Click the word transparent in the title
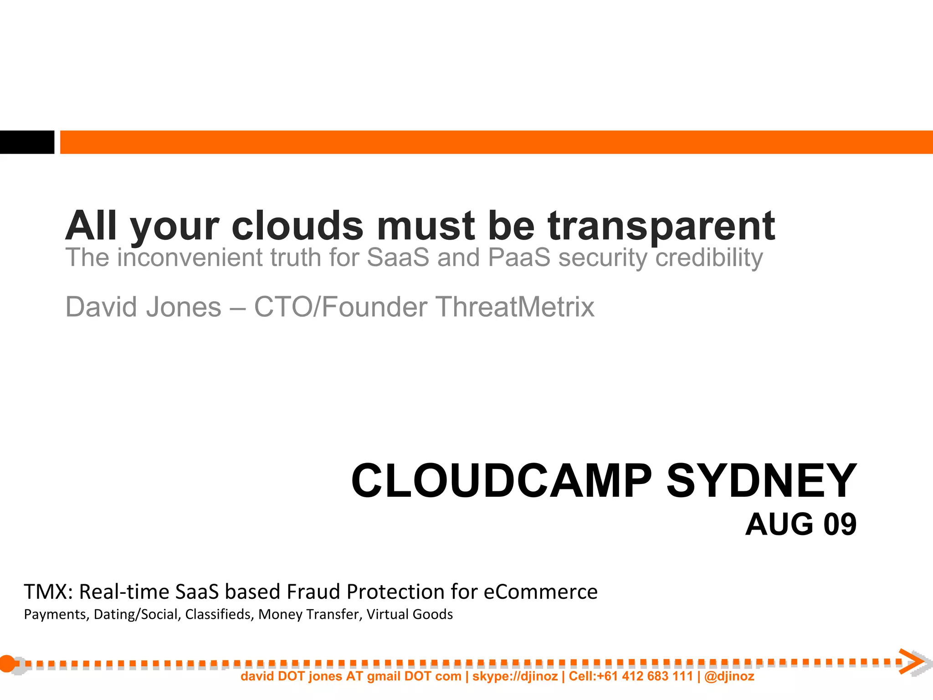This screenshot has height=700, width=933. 661,226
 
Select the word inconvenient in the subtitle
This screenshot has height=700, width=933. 190,257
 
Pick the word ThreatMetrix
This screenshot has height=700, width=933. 515,307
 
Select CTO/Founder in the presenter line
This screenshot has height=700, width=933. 340,307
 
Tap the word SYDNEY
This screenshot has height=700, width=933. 761,481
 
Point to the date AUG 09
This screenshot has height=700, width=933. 801,525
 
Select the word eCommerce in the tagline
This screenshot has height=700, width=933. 540,592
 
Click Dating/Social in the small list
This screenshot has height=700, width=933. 136,615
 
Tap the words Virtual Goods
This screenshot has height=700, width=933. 410,615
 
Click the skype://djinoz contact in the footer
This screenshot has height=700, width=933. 515,676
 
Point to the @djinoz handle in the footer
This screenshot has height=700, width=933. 729,676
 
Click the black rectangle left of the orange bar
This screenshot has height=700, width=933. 27,142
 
